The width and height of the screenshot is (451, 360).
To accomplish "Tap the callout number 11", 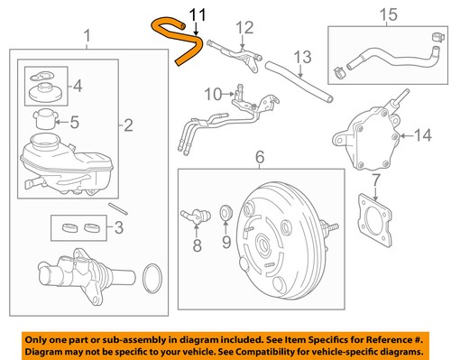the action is [x=198, y=15].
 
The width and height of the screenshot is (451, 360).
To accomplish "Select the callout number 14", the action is [x=423, y=135].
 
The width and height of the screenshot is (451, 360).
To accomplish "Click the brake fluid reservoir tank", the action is [x=66, y=164].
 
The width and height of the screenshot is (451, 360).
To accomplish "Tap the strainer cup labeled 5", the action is [x=45, y=119].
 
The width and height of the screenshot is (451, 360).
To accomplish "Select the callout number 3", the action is [x=119, y=227].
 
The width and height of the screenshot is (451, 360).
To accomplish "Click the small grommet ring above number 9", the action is [x=225, y=212].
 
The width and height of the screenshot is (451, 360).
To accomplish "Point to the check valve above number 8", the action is [x=196, y=216].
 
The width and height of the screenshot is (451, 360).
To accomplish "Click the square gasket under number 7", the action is [x=375, y=221].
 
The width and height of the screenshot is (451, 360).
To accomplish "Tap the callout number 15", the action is [x=389, y=15].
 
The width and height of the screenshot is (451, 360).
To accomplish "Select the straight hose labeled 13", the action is [x=299, y=82].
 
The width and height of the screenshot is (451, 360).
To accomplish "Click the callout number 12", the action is [x=244, y=28].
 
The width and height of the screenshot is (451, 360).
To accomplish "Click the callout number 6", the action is [x=260, y=157].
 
